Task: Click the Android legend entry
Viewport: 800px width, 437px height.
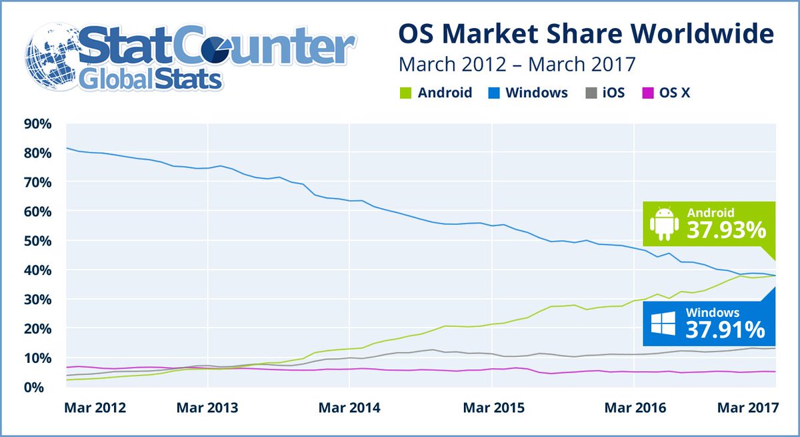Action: click(437, 93)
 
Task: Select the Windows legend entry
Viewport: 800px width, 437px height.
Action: click(529, 93)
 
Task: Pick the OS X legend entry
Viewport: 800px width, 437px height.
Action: click(667, 93)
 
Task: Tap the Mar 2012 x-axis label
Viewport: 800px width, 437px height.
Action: click(94, 408)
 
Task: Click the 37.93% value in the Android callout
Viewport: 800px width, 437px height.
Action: click(726, 231)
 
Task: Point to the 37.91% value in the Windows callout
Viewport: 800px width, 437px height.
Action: click(726, 329)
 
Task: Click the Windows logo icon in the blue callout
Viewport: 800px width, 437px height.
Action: click(664, 325)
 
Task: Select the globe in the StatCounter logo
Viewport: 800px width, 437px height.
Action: click(53, 57)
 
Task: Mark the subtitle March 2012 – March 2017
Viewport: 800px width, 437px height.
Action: click(517, 65)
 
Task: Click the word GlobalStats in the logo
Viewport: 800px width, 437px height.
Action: click(150, 80)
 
